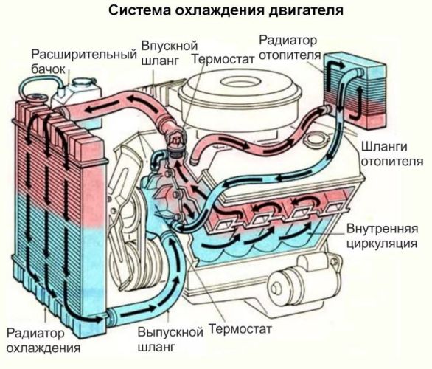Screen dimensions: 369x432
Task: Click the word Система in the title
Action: (136, 11)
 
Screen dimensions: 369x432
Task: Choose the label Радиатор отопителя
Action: (291, 47)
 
